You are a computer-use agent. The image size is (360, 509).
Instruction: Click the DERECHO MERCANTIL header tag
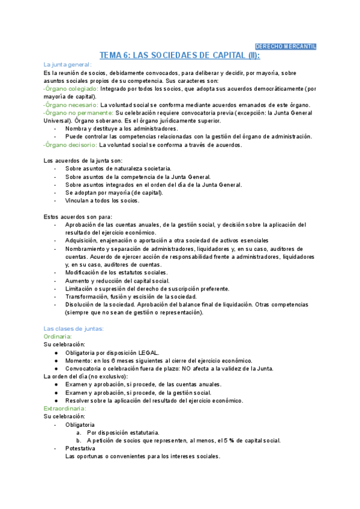tap(286, 47)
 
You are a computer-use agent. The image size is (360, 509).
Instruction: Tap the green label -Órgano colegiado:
tap(71, 88)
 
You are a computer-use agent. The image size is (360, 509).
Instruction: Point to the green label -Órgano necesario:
tap(71, 104)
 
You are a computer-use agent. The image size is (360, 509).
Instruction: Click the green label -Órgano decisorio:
tap(70, 145)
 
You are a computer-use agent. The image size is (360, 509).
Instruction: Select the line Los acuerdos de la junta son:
tap(83, 161)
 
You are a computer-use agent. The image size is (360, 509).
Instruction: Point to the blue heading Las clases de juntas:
tap(74, 328)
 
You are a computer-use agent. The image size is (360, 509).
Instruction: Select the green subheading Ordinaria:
tap(58, 337)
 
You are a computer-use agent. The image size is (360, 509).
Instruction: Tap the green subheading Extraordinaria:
tap(64, 408)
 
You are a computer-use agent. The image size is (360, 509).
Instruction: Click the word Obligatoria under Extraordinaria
tap(80, 424)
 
